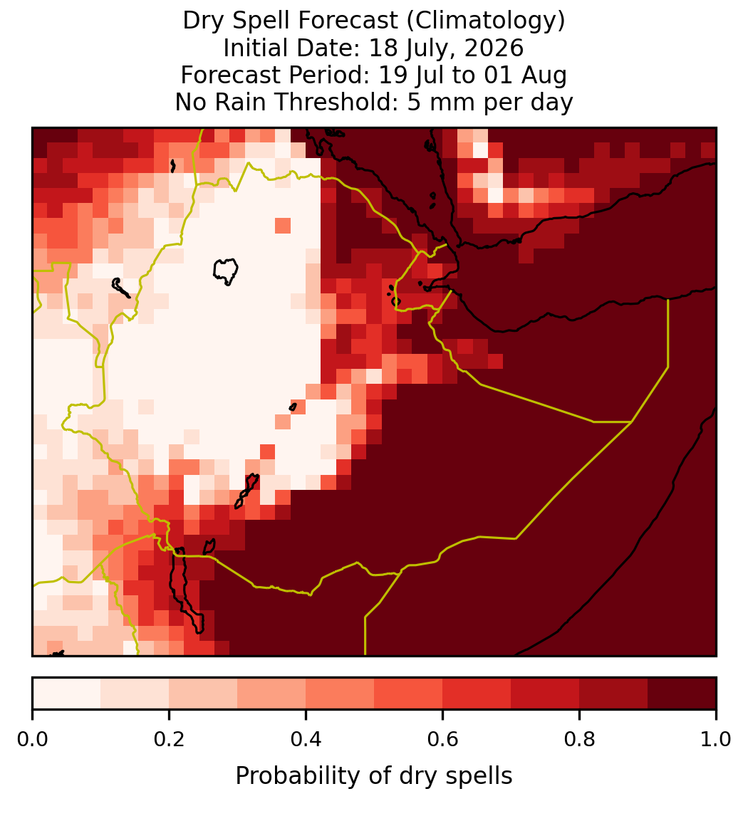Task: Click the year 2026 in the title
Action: tap(494, 48)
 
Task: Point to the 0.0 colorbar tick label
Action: tap(32, 739)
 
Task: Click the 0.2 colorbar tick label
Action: tap(169, 739)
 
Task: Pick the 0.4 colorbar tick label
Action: tap(306, 739)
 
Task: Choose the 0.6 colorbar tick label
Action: tap(442, 739)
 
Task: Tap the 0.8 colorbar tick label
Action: tap(579, 739)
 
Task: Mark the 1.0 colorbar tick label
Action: tap(716, 739)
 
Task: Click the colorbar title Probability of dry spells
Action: tap(374, 776)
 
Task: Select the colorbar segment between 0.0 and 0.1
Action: tap(67, 694)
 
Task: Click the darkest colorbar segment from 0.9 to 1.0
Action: tap(682, 694)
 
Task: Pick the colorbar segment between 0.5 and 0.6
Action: tap(408, 694)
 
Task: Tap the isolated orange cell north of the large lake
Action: tap(283, 226)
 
